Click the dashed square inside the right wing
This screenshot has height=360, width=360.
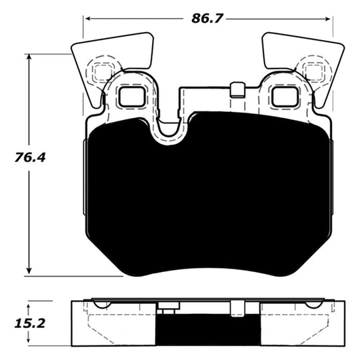311,71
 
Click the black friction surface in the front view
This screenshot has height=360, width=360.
207,200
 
